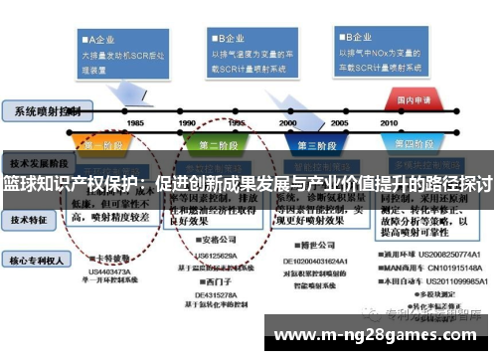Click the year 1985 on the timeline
(x=135, y=122)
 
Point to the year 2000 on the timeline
(x=288, y=122)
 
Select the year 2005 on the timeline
(x=339, y=122)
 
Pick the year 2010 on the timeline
(x=389, y=122)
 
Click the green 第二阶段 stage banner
(x=220, y=145)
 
